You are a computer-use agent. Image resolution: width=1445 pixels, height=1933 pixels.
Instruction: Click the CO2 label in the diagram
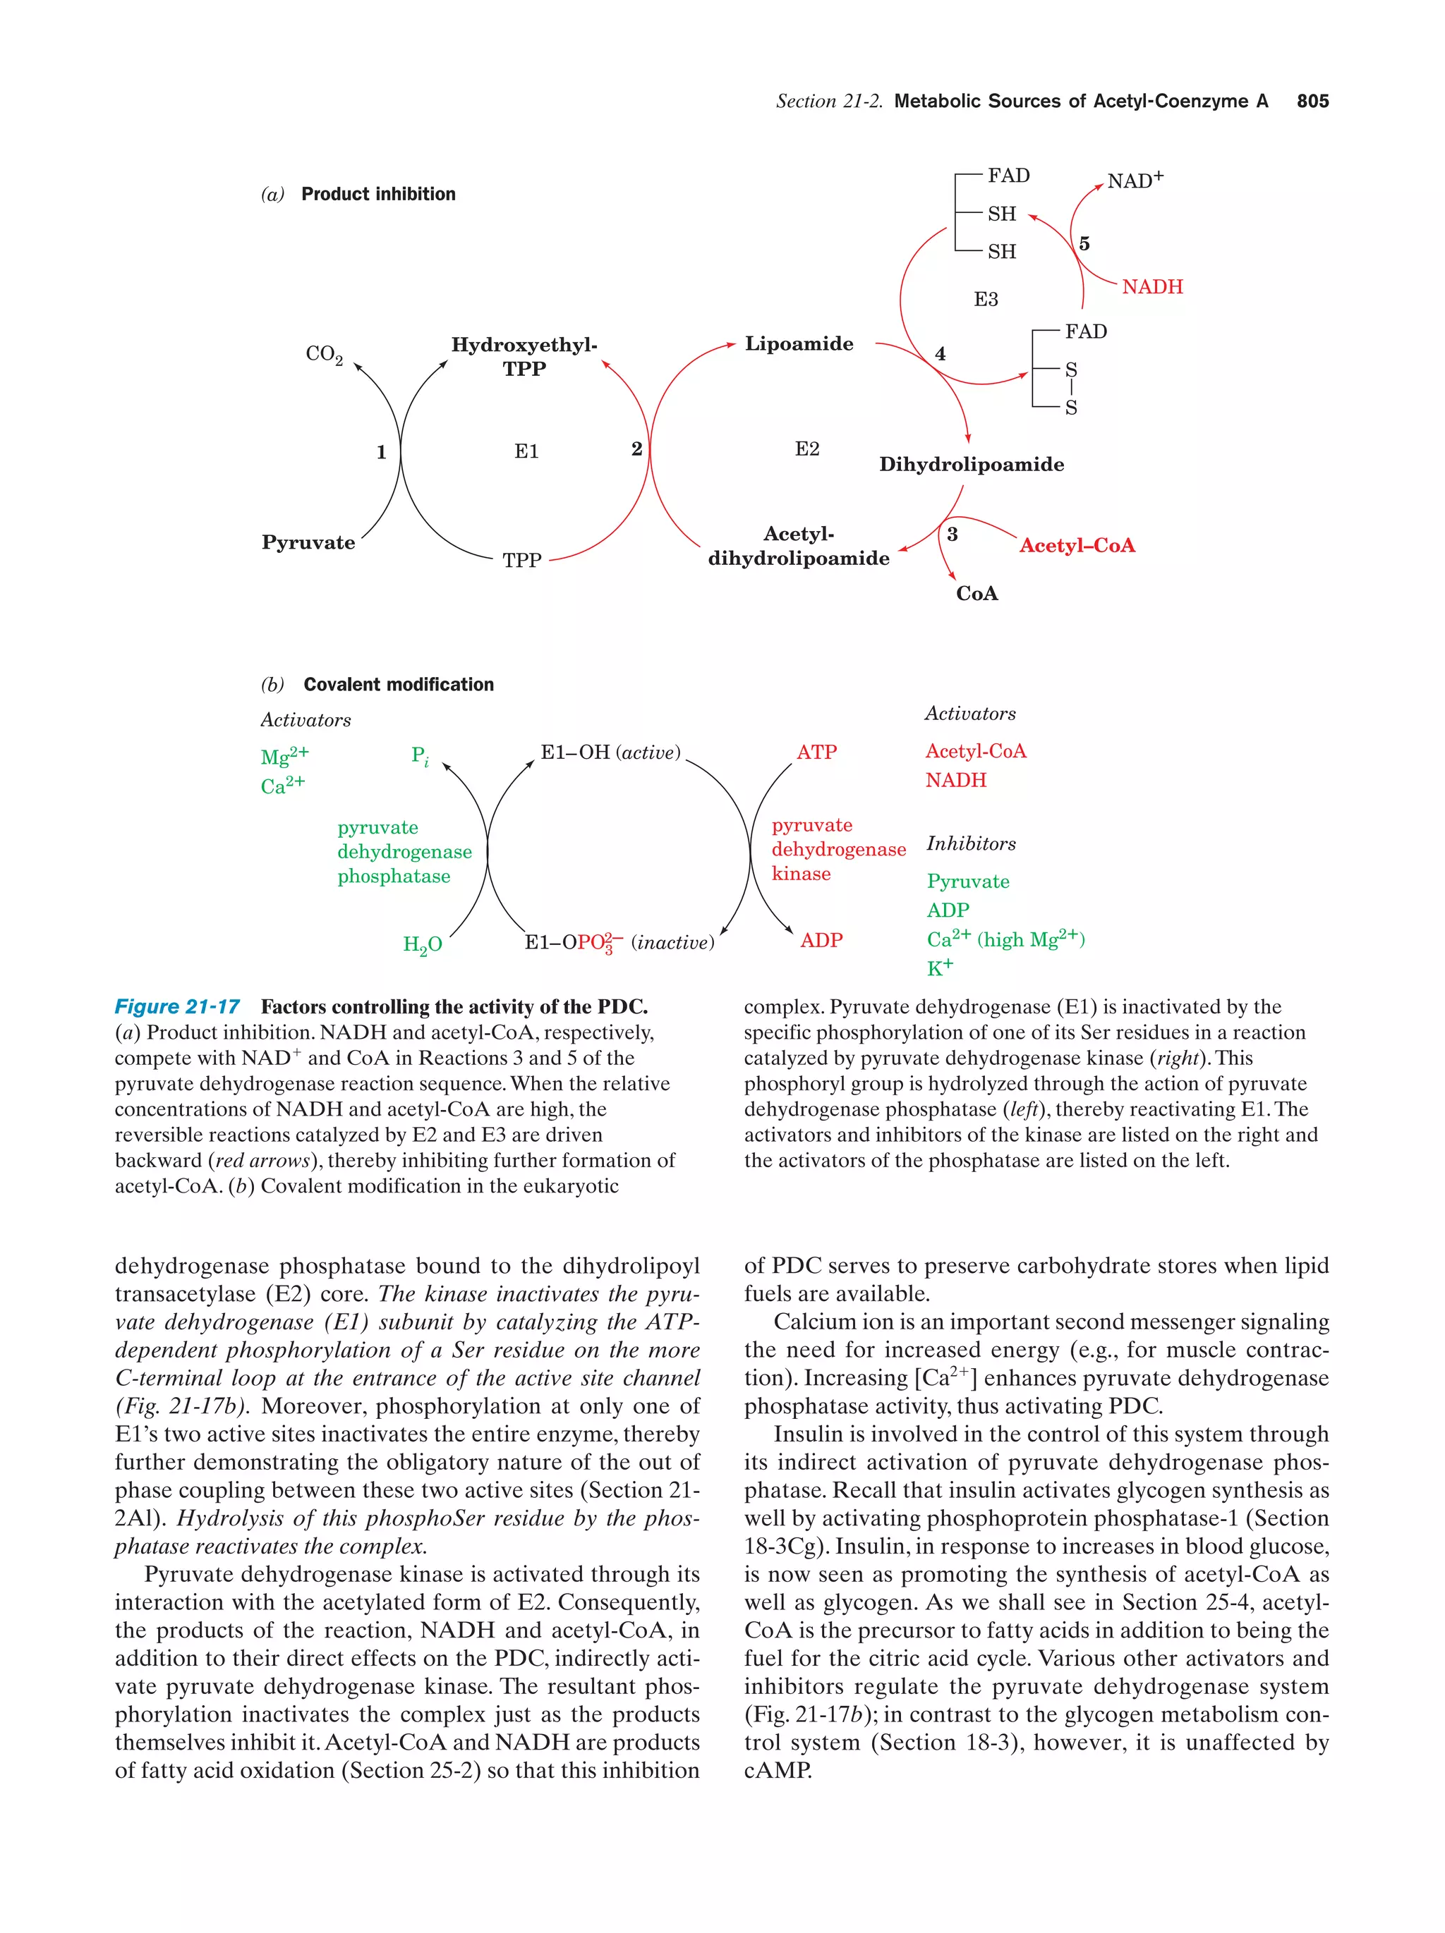(323, 354)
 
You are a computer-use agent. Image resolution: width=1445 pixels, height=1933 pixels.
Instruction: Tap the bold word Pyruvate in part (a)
(308, 543)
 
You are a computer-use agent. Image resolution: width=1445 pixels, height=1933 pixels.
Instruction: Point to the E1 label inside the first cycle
(526, 452)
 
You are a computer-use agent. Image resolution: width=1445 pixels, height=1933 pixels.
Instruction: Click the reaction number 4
(940, 354)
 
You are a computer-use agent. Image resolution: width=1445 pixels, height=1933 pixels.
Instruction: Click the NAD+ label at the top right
(1134, 181)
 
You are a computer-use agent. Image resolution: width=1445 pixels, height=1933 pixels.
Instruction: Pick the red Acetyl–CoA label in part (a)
(1076, 546)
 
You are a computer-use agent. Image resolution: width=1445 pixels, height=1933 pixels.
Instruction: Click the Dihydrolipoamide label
(971, 465)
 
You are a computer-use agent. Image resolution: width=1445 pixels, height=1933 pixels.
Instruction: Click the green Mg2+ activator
(284, 756)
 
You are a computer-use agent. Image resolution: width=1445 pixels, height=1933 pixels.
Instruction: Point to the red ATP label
(816, 752)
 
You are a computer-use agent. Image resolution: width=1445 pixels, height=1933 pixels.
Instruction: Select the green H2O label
(422, 945)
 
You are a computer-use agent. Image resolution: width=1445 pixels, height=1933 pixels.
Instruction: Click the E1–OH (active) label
(610, 752)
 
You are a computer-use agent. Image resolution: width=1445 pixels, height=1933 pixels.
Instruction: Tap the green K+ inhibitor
(940, 968)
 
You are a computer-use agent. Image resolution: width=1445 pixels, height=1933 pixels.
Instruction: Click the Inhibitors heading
(970, 844)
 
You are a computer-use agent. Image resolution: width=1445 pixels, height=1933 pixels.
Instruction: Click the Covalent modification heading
(398, 685)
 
